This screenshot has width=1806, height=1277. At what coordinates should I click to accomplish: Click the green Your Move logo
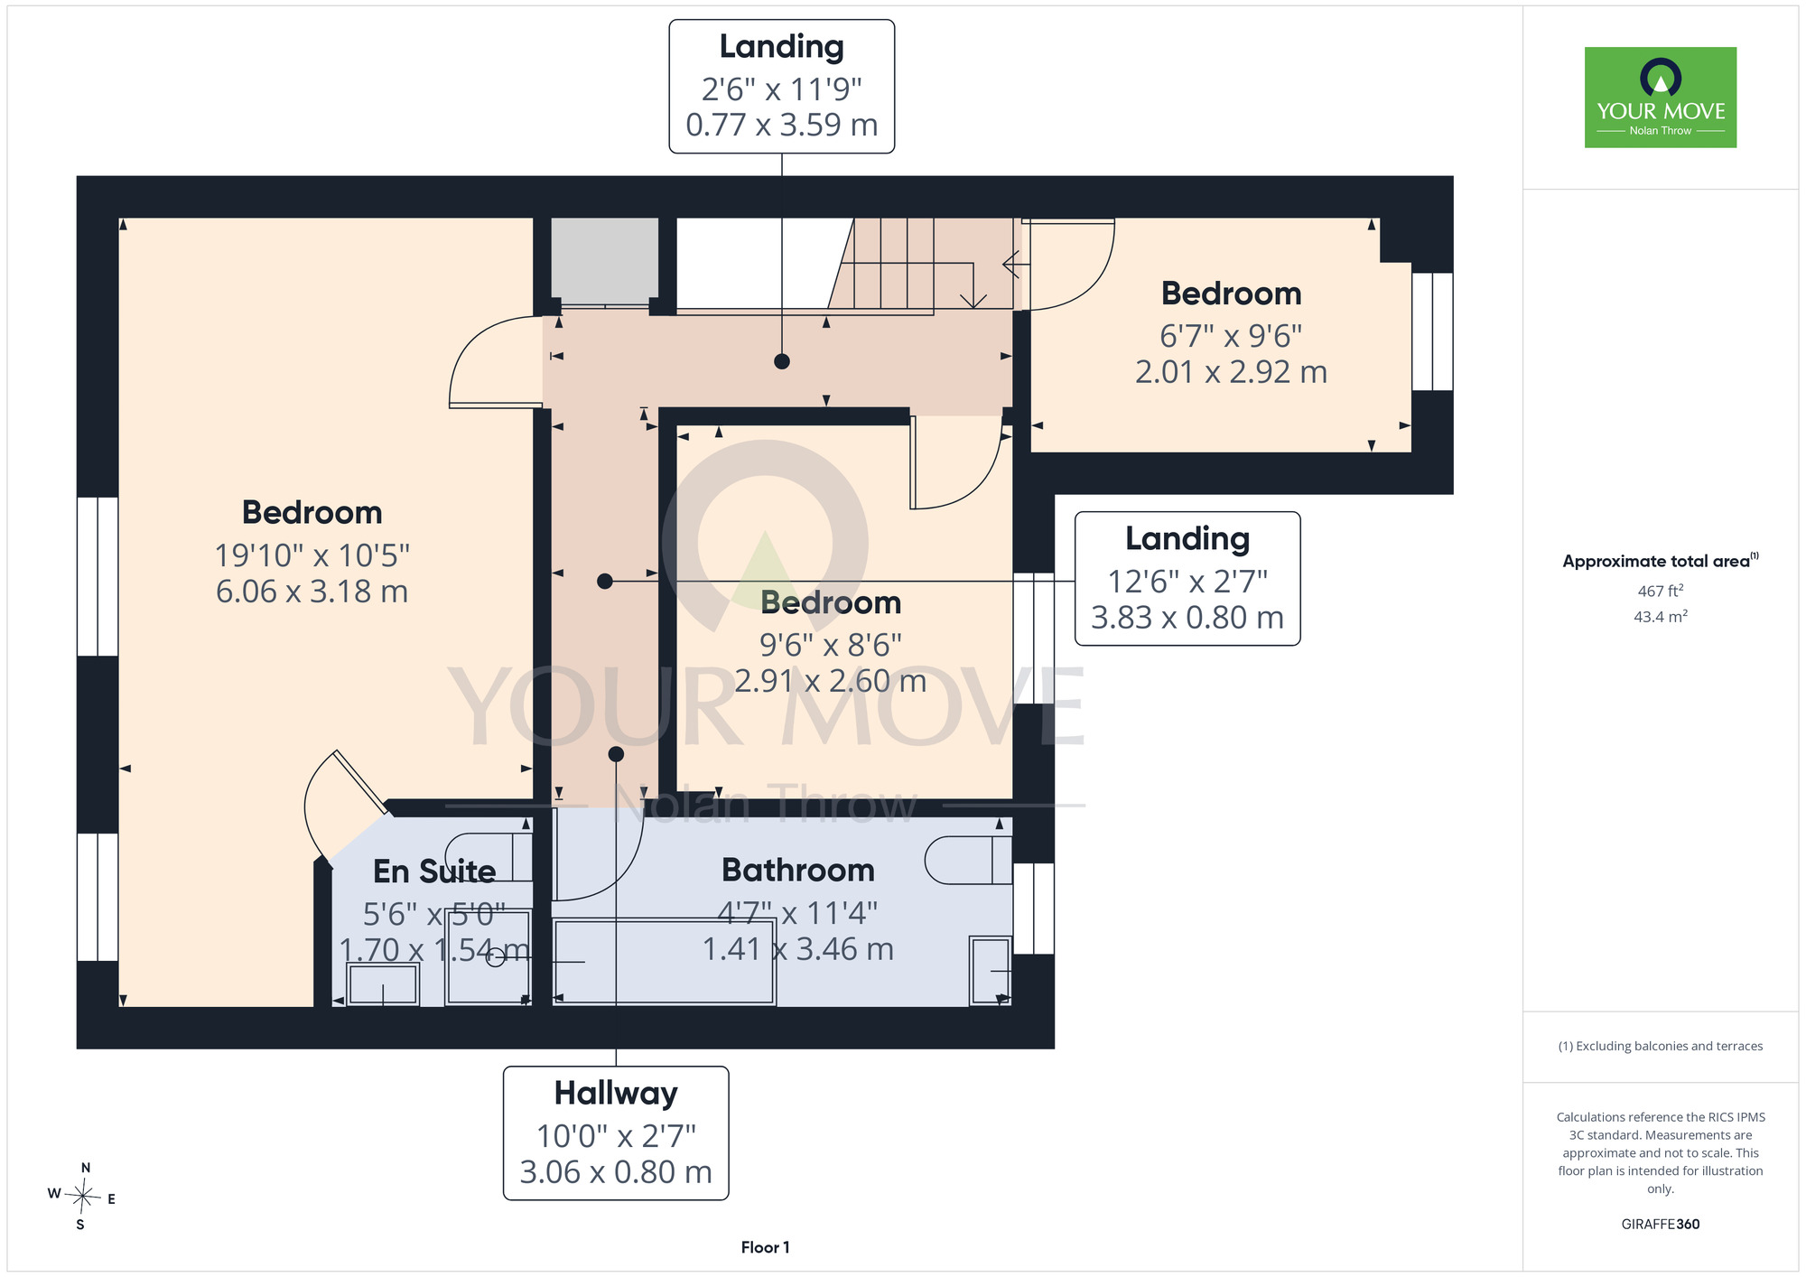pyautogui.click(x=1661, y=98)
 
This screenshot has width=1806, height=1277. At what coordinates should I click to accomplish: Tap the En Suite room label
pyautogui.click(x=434, y=872)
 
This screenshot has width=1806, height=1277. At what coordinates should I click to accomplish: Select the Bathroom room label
pyautogui.click(x=798, y=870)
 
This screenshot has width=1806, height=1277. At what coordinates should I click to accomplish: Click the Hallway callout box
pyautogui.click(x=616, y=1133)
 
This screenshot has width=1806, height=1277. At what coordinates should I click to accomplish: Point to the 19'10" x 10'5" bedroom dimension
pyautogui.click(x=312, y=555)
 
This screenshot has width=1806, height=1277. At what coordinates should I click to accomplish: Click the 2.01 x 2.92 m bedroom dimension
pyautogui.click(x=1231, y=372)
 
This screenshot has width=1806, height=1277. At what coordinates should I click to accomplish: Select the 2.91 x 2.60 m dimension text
pyautogui.click(x=831, y=681)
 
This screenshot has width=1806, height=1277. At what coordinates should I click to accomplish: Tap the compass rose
pyautogui.click(x=82, y=1198)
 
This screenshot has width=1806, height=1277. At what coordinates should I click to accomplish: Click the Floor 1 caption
pyautogui.click(x=765, y=1247)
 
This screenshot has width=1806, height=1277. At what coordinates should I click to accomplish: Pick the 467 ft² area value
pyautogui.click(x=1661, y=591)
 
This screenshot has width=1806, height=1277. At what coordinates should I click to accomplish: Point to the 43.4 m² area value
pyautogui.click(x=1661, y=617)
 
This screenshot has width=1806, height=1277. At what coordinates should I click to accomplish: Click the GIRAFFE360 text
pyautogui.click(x=1661, y=1225)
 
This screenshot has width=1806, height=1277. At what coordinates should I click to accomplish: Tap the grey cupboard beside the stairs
pyautogui.click(x=605, y=261)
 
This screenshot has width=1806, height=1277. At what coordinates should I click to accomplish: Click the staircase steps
pyautogui.click(x=925, y=264)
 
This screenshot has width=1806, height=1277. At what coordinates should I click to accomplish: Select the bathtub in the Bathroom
pyautogui.click(x=664, y=962)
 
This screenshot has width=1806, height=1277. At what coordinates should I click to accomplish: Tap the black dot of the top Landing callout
pyautogui.click(x=782, y=361)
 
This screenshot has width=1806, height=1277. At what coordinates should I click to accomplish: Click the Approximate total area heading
pyautogui.click(x=1661, y=561)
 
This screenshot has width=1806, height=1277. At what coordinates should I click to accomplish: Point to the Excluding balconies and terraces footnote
pyautogui.click(x=1661, y=1046)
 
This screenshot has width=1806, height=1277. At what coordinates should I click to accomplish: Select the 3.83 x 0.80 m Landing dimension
pyautogui.click(x=1187, y=618)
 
